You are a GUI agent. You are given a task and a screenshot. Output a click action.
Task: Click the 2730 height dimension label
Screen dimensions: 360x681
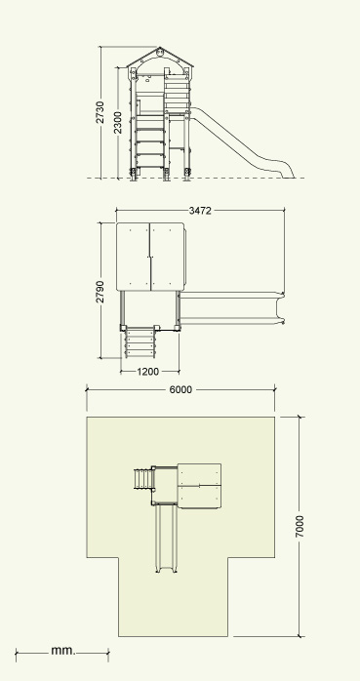pos(100,112)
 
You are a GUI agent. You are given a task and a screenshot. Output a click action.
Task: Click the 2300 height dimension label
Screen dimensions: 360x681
pos(118,123)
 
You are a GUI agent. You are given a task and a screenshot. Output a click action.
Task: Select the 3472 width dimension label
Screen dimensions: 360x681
pos(200,211)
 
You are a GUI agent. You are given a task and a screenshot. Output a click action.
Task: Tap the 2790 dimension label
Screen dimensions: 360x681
pos(100,292)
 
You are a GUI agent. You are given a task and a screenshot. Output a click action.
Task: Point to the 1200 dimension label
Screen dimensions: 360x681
pos(148,372)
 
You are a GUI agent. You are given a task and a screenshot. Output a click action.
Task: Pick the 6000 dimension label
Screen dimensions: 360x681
pos(180,389)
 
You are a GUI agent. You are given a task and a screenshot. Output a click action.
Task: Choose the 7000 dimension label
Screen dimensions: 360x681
pos(300,527)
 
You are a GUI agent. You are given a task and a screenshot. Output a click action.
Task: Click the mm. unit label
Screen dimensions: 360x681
pos(63,650)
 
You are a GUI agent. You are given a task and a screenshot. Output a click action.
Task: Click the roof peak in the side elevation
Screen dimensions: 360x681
pos(160,48)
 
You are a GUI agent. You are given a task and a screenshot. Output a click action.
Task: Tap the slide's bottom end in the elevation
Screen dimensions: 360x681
pos(288,174)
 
